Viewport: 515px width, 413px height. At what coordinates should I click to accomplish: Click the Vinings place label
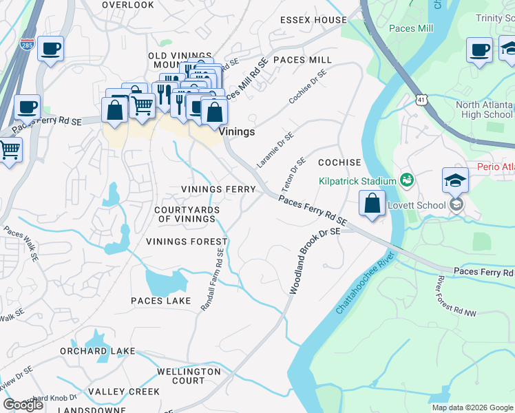click(237, 131)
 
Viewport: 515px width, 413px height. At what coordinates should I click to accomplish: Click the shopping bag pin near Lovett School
click(372, 204)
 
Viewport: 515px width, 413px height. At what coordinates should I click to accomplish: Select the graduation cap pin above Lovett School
click(455, 181)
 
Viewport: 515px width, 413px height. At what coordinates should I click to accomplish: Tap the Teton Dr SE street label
click(293, 175)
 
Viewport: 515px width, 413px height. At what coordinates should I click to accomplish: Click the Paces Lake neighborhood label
click(161, 301)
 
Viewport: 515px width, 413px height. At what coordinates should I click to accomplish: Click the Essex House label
click(313, 20)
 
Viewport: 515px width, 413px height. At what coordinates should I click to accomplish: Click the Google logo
click(23, 404)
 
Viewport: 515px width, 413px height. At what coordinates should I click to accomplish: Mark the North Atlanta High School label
click(484, 110)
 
